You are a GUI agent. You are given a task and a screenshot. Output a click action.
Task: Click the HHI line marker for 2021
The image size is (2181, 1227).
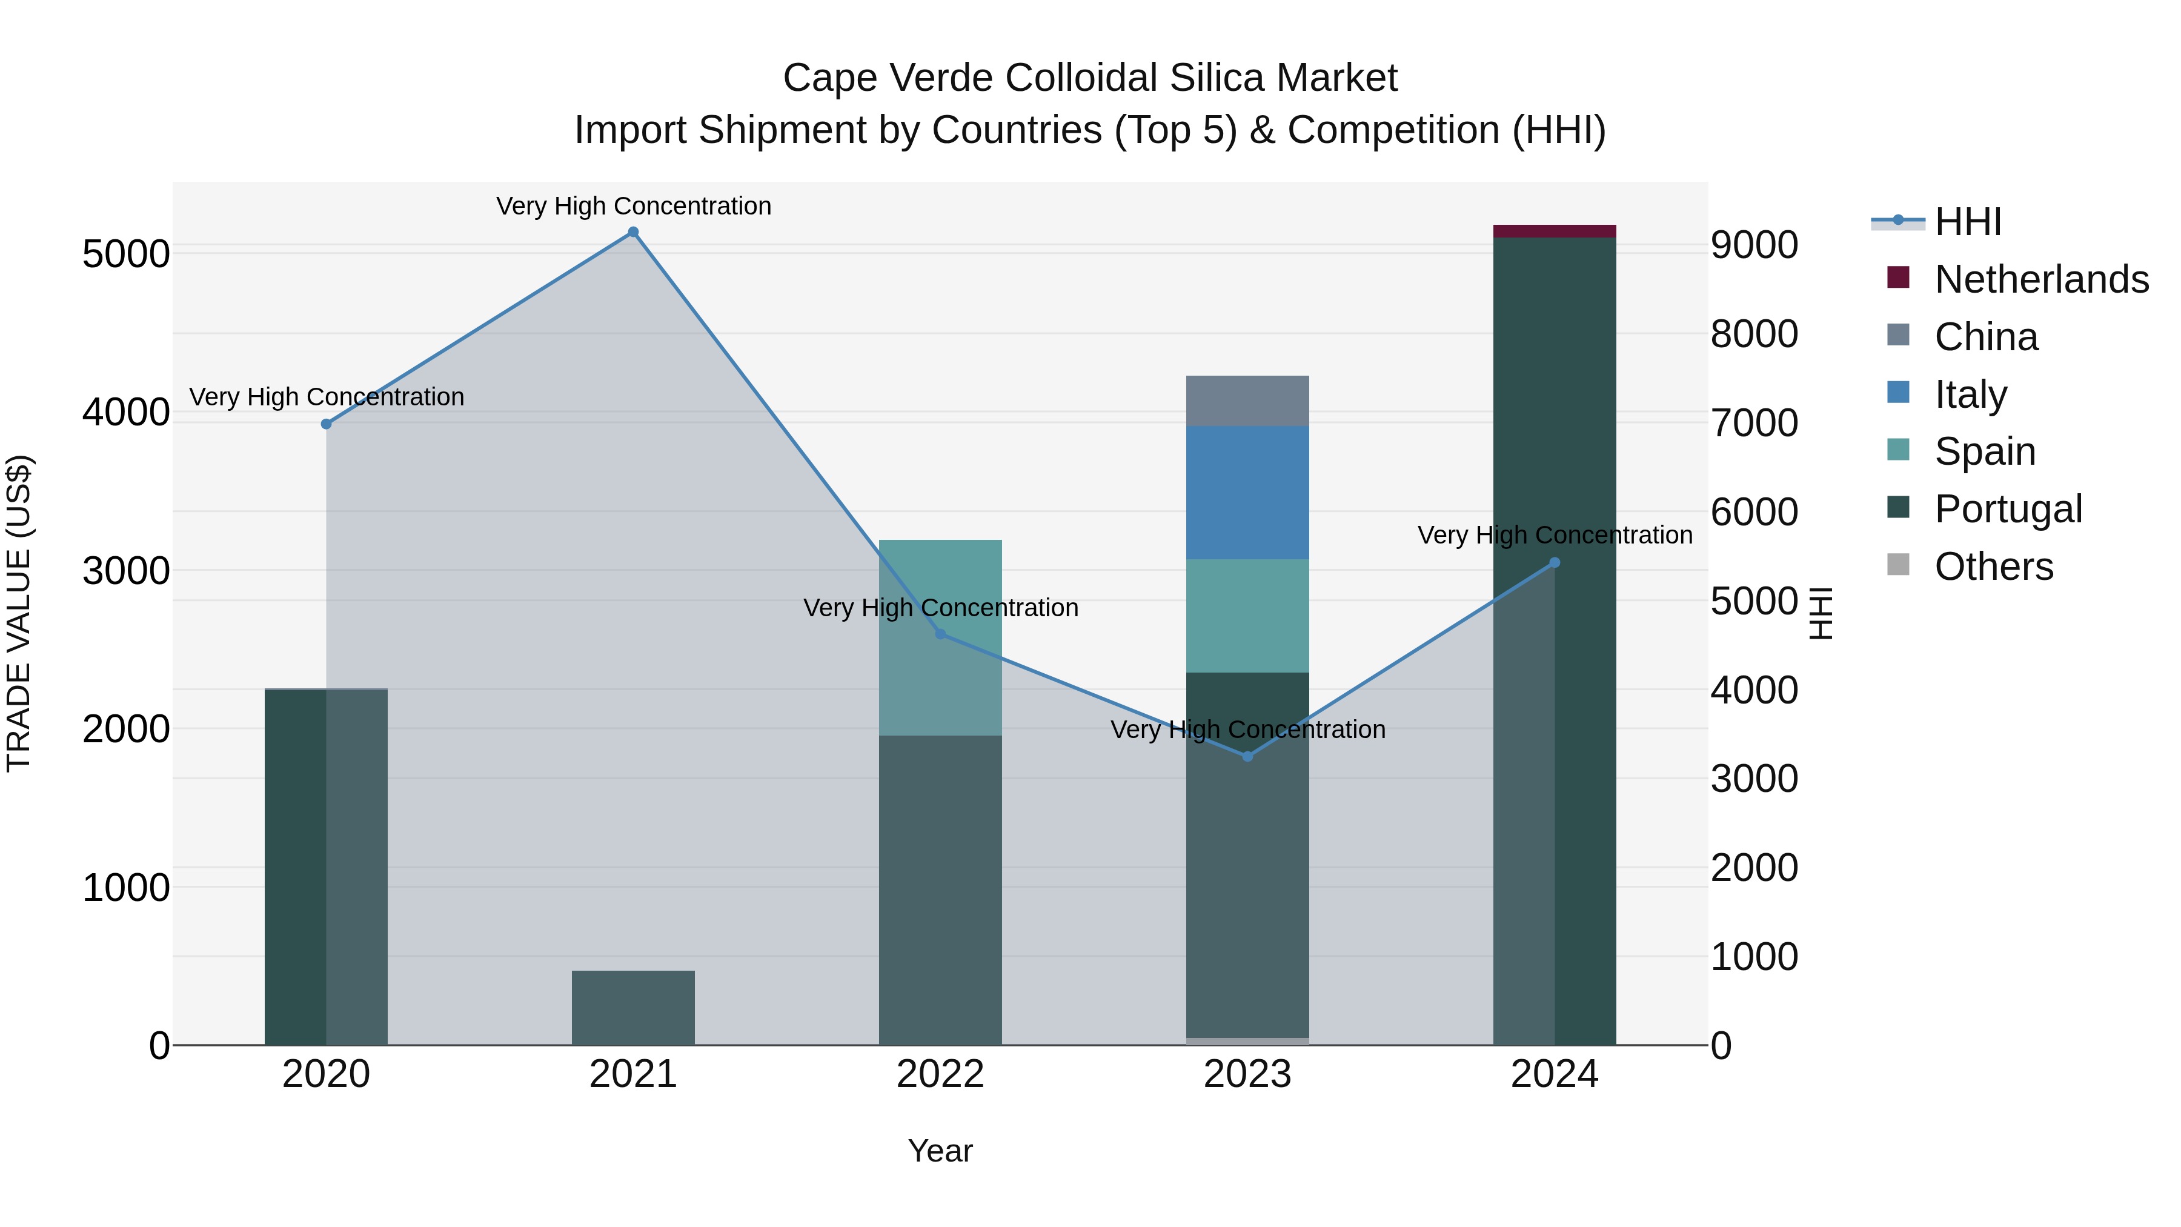(632, 232)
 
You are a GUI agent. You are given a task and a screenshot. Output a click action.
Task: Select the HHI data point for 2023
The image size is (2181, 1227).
(1247, 756)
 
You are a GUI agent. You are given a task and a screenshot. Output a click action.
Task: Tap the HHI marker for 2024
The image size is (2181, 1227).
(1555, 562)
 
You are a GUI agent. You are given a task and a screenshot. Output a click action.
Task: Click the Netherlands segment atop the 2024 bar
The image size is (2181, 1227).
(1555, 231)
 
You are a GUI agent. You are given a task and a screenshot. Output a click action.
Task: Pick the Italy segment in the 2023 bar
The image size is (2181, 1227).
(1247, 492)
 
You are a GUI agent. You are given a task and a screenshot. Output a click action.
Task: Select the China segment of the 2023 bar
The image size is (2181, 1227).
(1247, 401)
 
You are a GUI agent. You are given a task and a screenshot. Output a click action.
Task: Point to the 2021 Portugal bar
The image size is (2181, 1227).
(632, 1008)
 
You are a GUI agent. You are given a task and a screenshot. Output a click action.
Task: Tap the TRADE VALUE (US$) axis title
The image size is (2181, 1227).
(19, 613)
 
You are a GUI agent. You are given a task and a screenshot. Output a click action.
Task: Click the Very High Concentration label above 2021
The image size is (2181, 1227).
(633, 206)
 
